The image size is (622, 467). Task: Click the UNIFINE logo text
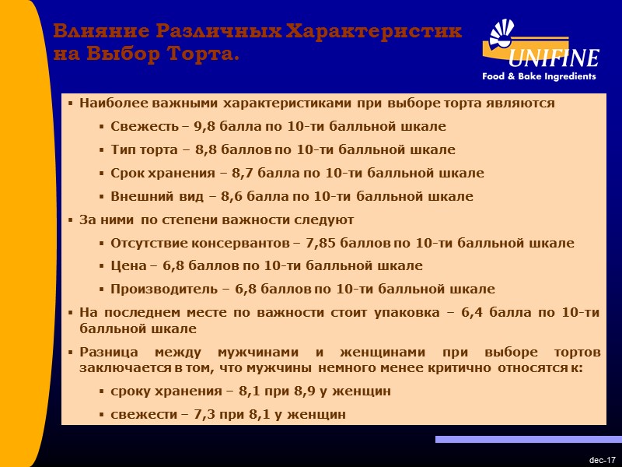tap(554, 58)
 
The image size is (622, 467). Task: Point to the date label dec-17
tap(602, 460)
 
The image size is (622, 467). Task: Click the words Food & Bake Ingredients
tap(539, 76)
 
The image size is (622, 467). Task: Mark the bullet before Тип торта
tap(102, 149)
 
